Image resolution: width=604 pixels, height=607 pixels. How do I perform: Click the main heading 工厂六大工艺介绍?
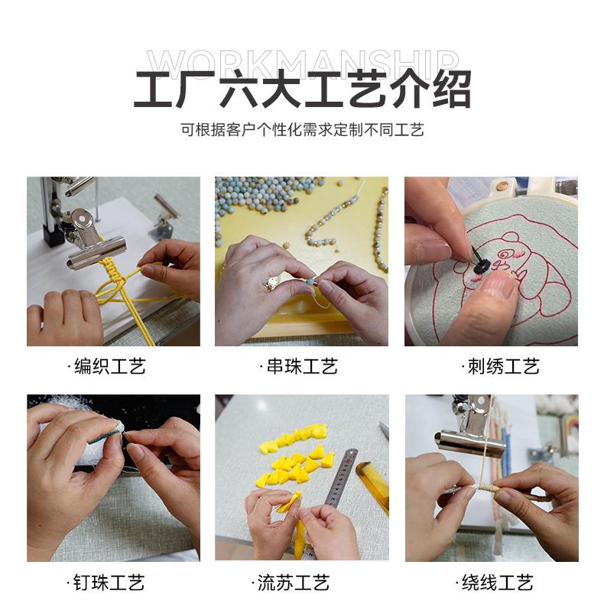303,89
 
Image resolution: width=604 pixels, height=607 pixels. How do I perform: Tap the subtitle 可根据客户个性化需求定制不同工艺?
303,130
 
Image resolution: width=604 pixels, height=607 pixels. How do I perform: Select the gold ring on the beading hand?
272,284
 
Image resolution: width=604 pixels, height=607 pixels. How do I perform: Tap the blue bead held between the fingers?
310,281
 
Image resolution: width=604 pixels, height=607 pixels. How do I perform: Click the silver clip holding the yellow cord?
89,240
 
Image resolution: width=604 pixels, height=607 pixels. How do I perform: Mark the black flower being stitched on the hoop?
482,265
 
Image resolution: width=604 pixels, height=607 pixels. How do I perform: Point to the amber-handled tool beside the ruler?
373,487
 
